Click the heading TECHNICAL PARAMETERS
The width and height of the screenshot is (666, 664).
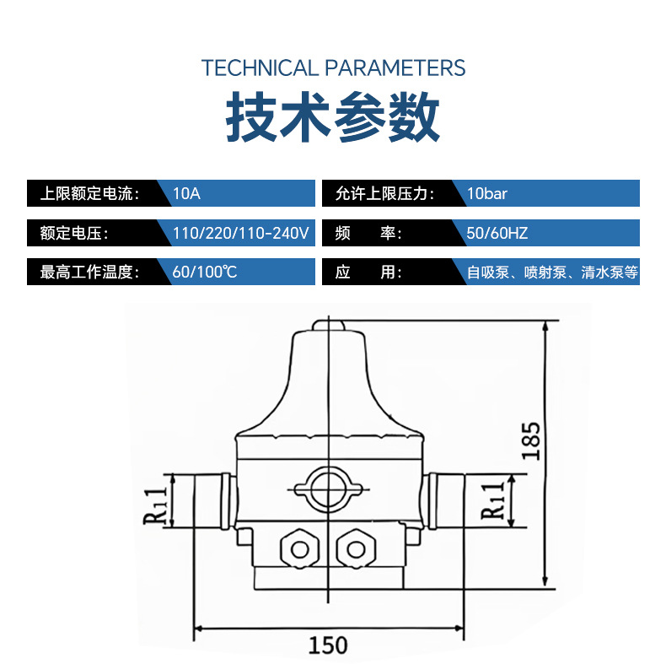tap(333, 68)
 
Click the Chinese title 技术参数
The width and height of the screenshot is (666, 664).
tap(333, 119)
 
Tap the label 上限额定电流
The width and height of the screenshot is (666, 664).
tap(88, 193)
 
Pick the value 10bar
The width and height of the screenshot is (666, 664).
tap(487, 193)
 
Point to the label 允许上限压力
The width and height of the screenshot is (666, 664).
tap(384, 193)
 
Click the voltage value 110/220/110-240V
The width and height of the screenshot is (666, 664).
tap(240, 233)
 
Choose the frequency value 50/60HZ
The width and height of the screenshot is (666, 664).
tap(497, 233)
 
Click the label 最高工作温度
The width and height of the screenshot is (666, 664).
tap(88, 273)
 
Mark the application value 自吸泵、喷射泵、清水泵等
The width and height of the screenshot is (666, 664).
tap(553, 273)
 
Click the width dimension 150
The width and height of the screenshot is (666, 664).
tap(327, 645)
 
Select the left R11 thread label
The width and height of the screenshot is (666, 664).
tap(155, 502)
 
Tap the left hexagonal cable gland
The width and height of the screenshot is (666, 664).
tap(300, 548)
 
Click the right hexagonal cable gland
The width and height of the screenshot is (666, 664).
tap(354, 548)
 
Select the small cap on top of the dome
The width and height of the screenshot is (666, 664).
tap(327, 324)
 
